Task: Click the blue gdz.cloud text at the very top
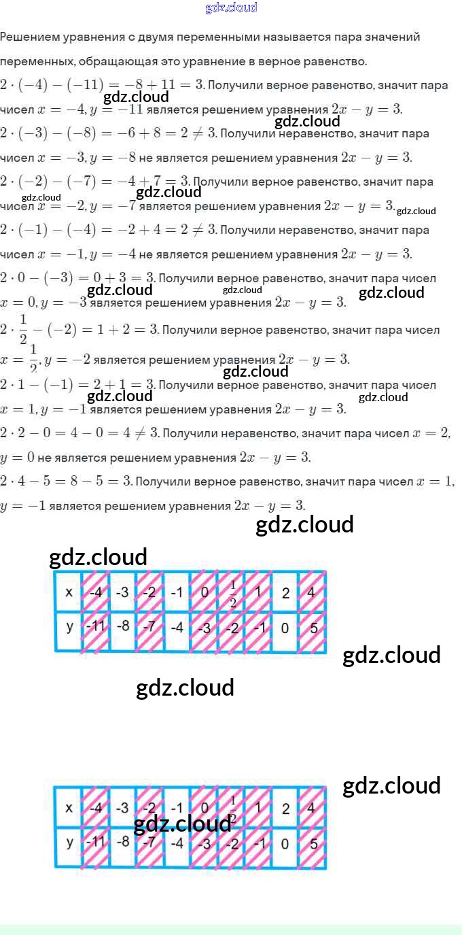tap(231, 8)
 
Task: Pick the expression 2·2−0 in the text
tap(33, 433)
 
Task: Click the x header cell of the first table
tap(68, 592)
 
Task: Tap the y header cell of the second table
tap(68, 843)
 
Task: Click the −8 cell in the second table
tap(122, 844)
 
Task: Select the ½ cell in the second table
tap(232, 807)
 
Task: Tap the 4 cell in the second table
tap(313, 808)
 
